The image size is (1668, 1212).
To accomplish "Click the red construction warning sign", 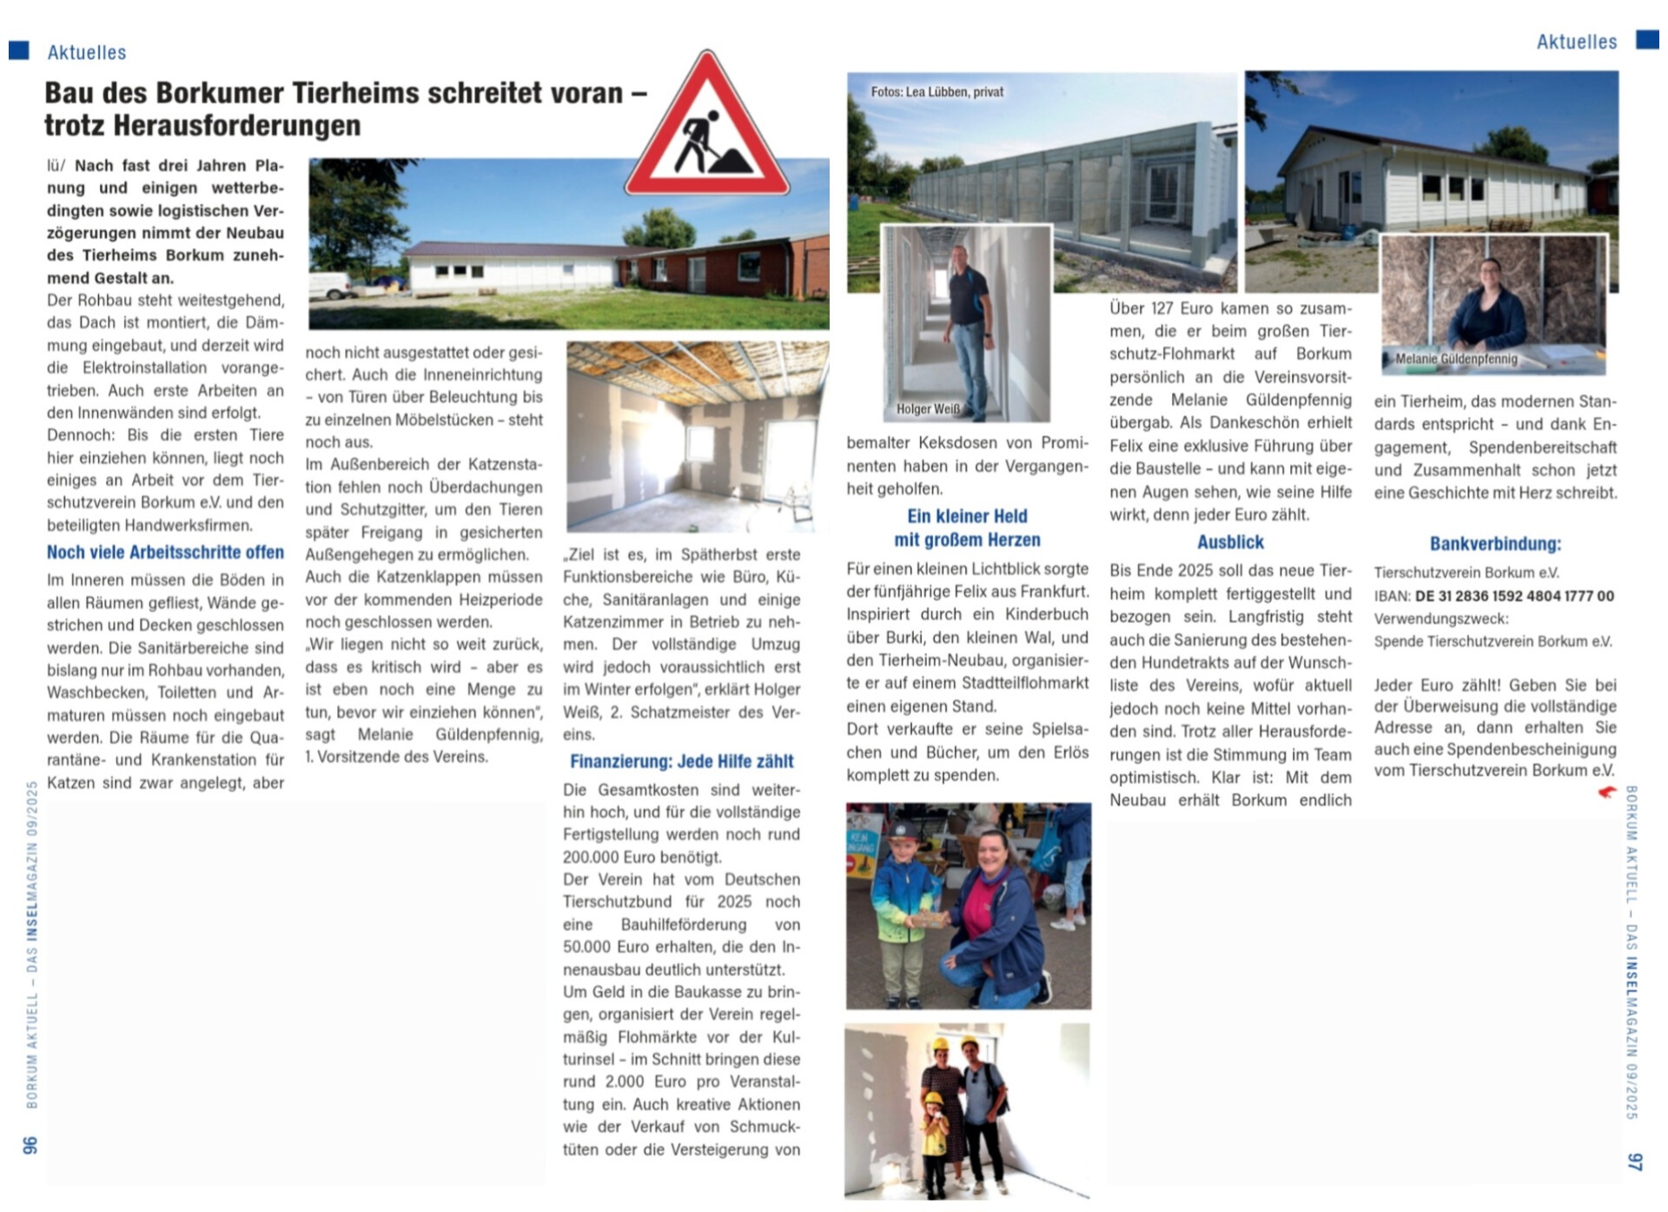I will click(706, 130).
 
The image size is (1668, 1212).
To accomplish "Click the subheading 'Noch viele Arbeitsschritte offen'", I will click(165, 553).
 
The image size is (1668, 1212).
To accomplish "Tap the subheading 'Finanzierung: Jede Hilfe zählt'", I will click(681, 762).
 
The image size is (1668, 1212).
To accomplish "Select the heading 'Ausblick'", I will click(1230, 542).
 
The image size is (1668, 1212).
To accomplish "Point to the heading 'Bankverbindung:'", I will click(1495, 544).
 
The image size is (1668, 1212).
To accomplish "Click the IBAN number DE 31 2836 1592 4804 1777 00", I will click(1514, 596).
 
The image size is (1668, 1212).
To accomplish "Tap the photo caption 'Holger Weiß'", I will click(928, 408).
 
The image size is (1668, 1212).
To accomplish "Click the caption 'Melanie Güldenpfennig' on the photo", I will click(1456, 359).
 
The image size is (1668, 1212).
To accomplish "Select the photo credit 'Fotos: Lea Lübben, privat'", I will click(937, 91).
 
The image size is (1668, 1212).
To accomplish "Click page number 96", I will click(30, 1145).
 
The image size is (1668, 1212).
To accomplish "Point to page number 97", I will click(1635, 1161).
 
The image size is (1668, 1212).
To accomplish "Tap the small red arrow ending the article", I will click(1606, 791).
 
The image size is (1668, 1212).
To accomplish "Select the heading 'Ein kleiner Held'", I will click(967, 516).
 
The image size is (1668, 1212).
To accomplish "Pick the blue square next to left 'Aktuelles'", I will click(19, 50).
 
